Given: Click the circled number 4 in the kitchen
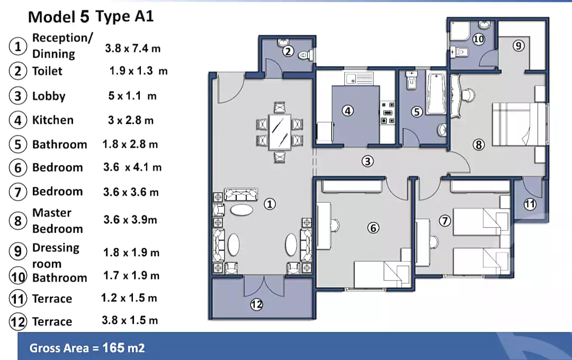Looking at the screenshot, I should click(347, 111).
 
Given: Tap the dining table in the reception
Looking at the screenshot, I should click(280, 132).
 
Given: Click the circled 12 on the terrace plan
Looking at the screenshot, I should click(257, 304).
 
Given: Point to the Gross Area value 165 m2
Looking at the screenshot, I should click(87, 348).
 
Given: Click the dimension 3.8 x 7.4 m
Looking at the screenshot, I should click(132, 48).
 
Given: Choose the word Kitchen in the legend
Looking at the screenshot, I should click(53, 120).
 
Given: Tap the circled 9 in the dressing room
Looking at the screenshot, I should click(519, 46).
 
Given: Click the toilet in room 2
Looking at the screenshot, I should click(305, 54).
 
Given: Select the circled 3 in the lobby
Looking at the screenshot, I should click(368, 161).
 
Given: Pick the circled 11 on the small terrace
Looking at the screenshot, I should click(530, 204).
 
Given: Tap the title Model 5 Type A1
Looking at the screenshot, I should click(91, 16).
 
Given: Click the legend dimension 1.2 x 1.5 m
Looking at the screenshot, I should click(129, 298).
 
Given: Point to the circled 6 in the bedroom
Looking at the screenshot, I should click(374, 228).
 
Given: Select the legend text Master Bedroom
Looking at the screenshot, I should click(57, 221).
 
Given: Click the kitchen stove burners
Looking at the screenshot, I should click(388, 112).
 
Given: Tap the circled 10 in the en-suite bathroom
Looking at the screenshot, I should click(478, 39).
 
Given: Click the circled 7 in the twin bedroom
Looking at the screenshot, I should click(445, 221).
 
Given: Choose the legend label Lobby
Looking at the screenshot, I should click(49, 96).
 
